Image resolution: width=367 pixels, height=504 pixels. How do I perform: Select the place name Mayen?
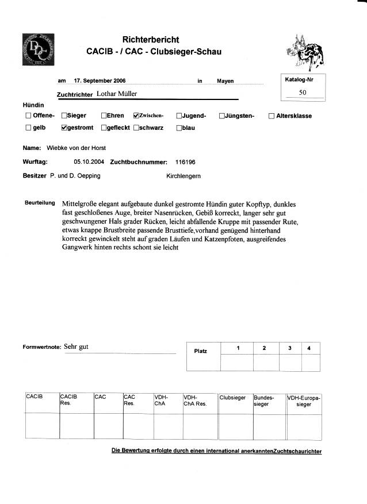click(x=225, y=82)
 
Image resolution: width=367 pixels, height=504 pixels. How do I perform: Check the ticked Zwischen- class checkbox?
click(x=136, y=116)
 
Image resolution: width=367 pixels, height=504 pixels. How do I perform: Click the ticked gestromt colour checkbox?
click(x=64, y=128)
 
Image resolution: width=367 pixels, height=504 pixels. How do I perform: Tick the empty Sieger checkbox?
click(x=64, y=116)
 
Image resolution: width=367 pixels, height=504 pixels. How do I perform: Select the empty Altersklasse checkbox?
click(x=272, y=116)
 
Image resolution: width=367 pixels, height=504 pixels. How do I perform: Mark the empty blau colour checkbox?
click(x=179, y=128)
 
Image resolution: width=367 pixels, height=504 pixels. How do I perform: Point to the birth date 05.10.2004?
click(x=90, y=162)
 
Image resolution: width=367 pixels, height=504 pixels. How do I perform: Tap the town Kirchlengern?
click(x=183, y=176)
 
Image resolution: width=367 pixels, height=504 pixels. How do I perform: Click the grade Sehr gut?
click(x=76, y=347)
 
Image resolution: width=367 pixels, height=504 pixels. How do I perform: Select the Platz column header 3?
click(x=290, y=348)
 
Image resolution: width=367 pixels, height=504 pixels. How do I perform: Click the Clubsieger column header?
click(x=233, y=397)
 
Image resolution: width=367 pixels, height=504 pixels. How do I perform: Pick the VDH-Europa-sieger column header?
click(x=304, y=400)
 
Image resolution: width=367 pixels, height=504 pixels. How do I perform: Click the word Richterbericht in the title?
click(x=151, y=40)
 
